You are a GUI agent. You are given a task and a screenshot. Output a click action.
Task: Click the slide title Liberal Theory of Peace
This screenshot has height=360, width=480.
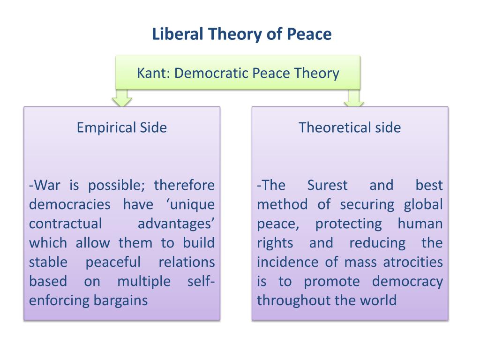[x=241, y=34]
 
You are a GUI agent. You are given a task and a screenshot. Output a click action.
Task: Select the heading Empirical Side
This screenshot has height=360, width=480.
[x=122, y=127]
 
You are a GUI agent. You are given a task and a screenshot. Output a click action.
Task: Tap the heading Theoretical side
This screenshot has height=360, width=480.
[x=350, y=127]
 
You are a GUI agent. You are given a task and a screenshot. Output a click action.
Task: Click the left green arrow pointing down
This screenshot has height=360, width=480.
[x=122, y=98]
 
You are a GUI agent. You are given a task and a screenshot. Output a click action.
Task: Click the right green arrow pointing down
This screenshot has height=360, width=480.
[x=353, y=98]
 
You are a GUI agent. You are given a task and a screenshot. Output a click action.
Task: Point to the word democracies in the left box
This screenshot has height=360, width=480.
[x=70, y=205]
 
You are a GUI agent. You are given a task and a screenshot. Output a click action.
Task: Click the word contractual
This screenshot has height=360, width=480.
[x=65, y=224]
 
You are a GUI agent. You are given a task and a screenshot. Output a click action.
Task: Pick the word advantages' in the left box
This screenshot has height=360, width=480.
[x=176, y=224]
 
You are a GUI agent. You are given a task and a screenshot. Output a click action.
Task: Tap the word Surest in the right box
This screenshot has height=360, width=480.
[x=327, y=185]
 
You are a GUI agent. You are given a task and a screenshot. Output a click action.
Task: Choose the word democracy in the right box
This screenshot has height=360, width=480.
[x=407, y=281]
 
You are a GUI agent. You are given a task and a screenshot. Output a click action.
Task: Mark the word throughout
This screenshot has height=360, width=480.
[x=287, y=300]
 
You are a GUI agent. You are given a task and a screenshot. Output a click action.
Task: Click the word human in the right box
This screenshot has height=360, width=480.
[x=420, y=224]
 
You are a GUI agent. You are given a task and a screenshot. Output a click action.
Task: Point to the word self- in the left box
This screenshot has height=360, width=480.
[x=201, y=281]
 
